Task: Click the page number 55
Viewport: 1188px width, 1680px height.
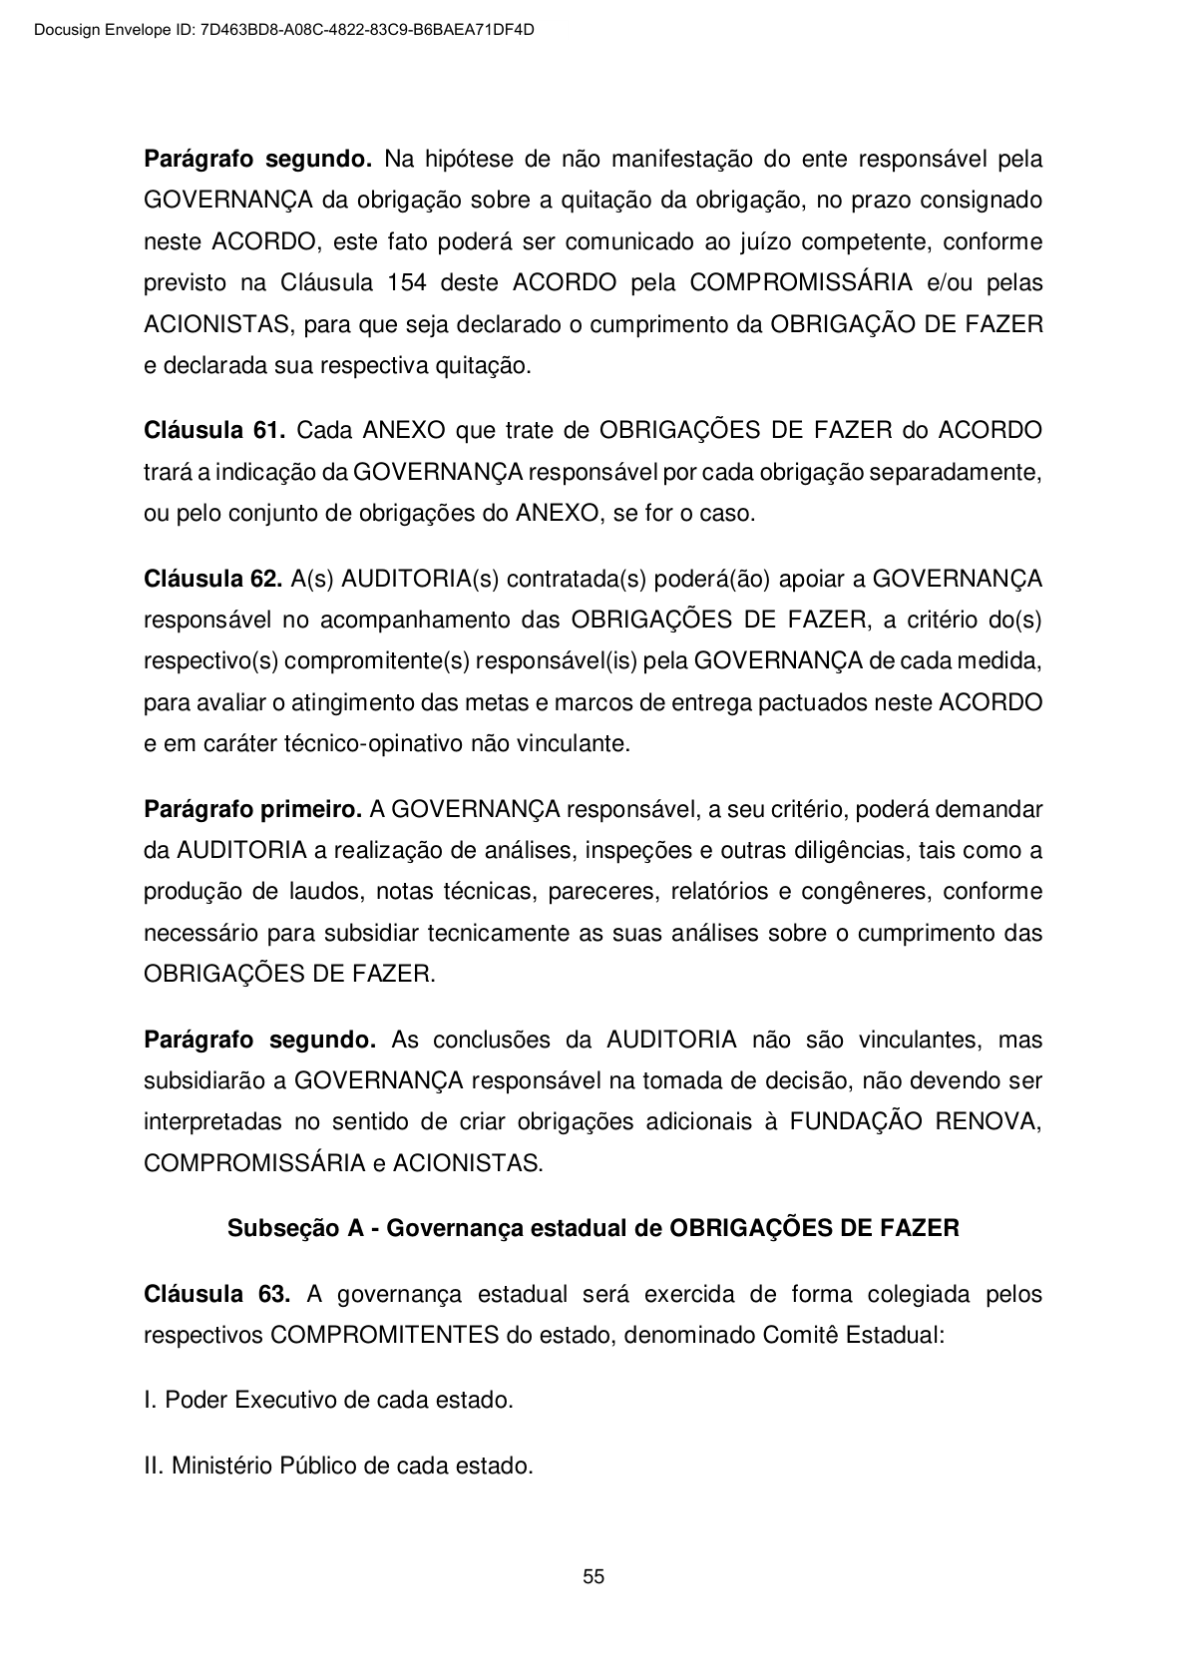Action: [594, 1577]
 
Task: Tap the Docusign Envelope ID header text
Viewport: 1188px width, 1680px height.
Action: [284, 30]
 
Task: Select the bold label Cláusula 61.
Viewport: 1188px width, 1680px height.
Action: [214, 431]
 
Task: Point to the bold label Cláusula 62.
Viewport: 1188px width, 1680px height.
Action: [213, 579]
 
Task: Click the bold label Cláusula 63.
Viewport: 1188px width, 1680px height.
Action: [216, 1295]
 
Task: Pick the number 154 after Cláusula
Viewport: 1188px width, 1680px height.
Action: [406, 282]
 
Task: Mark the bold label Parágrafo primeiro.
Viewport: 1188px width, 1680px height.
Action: [252, 809]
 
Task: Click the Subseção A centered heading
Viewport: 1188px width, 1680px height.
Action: [594, 1228]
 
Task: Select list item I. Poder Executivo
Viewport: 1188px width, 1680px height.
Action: [328, 1400]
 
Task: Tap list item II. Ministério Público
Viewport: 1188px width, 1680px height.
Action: [338, 1467]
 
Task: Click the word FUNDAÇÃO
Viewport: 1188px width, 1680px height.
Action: [856, 1121]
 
